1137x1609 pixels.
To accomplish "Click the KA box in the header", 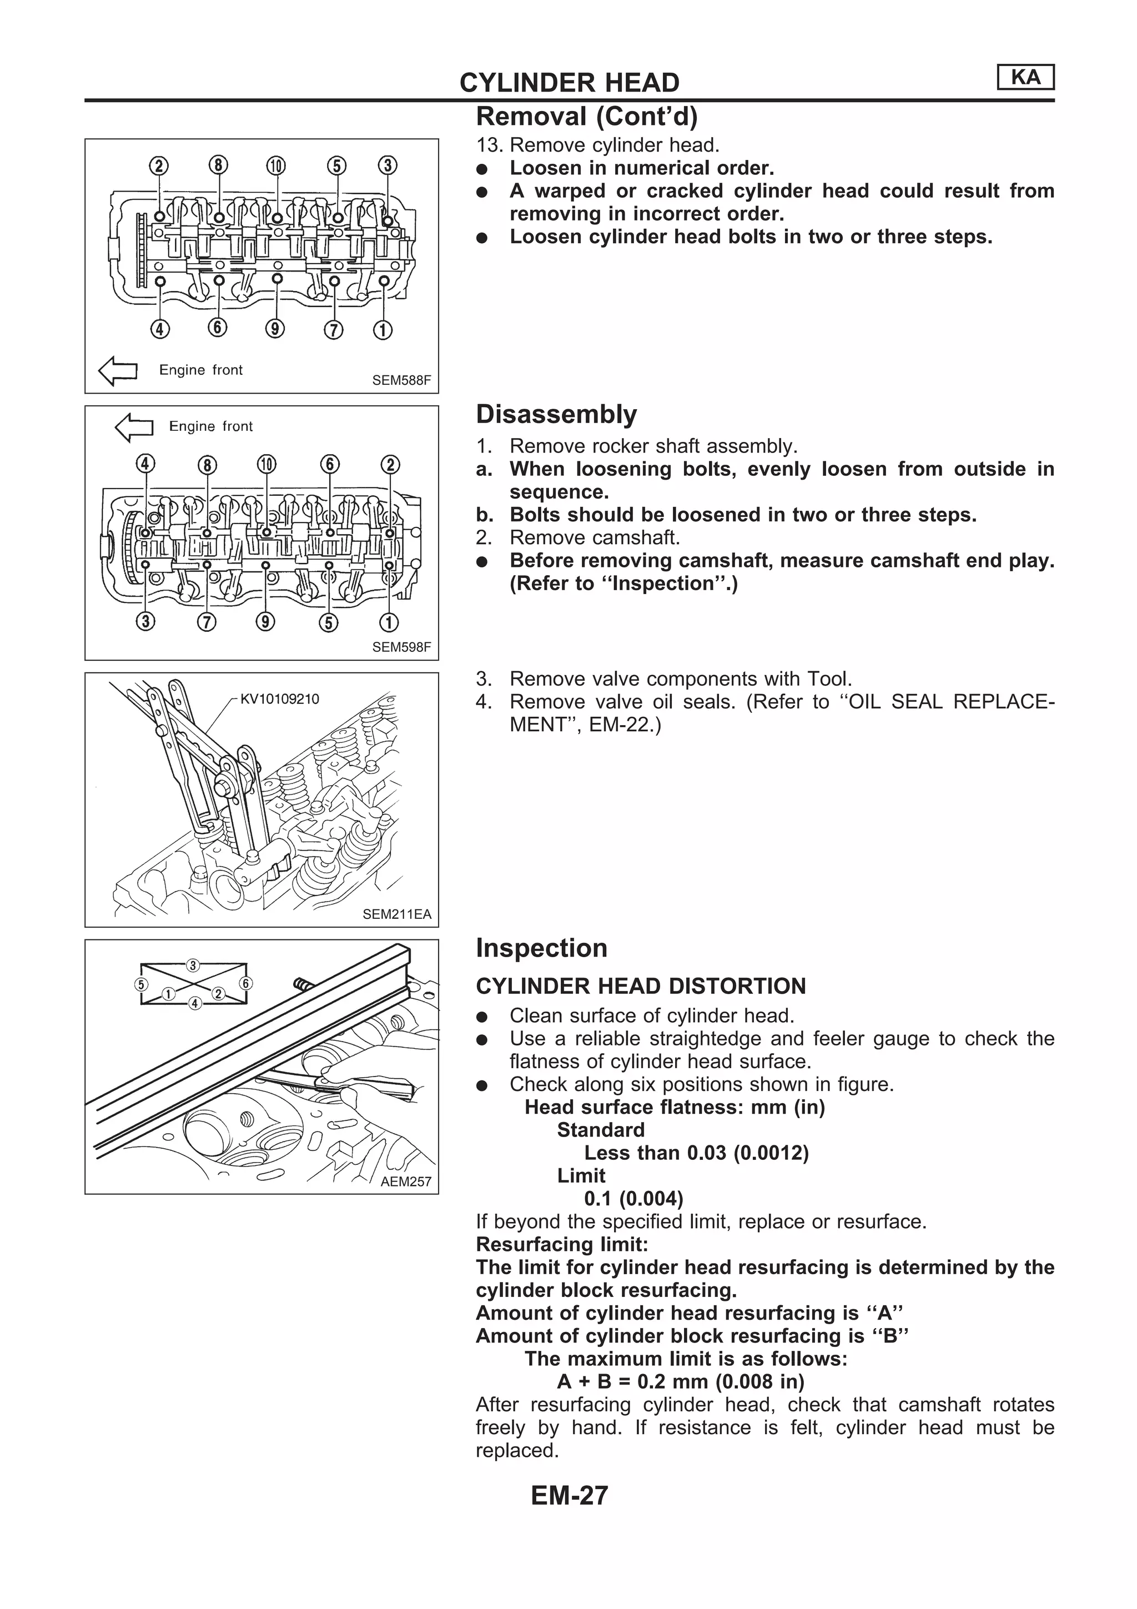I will pyautogui.click(x=1025, y=77).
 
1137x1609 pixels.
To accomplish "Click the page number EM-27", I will pyautogui.click(x=569, y=1496).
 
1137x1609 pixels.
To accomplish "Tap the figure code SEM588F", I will pyautogui.click(x=401, y=380).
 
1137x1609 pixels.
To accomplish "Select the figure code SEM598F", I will pyautogui.click(x=401, y=647).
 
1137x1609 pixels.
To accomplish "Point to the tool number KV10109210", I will pyautogui.click(x=279, y=698).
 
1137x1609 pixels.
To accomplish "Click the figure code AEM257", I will pyautogui.click(x=406, y=1181).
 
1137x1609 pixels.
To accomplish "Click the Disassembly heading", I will pyautogui.click(x=556, y=414).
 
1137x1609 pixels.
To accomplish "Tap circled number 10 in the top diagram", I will pyautogui.click(x=276, y=165).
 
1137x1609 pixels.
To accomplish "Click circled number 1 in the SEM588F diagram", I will pyautogui.click(x=383, y=329).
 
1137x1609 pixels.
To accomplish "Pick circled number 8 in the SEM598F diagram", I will pyautogui.click(x=208, y=465).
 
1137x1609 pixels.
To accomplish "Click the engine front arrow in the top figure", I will pyautogui.click(x=118, y=371).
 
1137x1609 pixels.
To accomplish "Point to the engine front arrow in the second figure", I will pyautogui.click(x=134, y=427).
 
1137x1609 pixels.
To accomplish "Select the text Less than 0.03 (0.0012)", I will pyautogui.click(x=696, y=1153).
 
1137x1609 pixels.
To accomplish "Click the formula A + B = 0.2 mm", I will pyautogui.click(x=680, y=1381).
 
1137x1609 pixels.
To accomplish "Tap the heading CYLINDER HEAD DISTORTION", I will pyautogui.click(x=640, y=986).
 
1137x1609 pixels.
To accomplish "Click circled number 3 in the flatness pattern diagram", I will pyautogui.click(x=193, y=965).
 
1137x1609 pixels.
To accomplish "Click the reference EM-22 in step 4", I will pyautogui.click(x=615, y=725).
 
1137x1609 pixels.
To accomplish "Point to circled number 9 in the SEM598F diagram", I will pyautogui.click(x=265, y=622).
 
